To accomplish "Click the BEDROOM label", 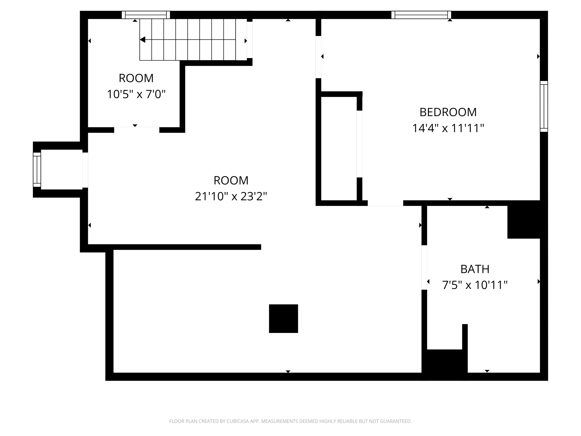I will tap(448, 112).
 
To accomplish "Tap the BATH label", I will tap(475, 269).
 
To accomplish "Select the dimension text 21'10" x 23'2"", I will tap(231, 196).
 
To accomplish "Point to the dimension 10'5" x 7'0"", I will tap(136, 94).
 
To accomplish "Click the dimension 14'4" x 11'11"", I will tap(448, 128).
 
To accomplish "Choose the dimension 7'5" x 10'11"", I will tap(475, 285).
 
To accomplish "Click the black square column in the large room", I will tap(283, 318).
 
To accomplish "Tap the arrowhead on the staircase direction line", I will tap(143, 40).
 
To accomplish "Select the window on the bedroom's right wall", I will tap(544, 106).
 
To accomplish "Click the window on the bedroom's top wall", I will tap(421, 15).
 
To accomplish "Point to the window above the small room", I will tap(146, 15).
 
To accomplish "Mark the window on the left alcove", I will tap(37, 170).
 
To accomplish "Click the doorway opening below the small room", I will tap(136, 130).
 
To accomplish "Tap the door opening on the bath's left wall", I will tap(424, 267).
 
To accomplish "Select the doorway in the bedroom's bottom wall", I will tap(385, 203).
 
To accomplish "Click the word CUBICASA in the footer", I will tap(238, 421).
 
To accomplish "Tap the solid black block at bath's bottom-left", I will tap(444, 365).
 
